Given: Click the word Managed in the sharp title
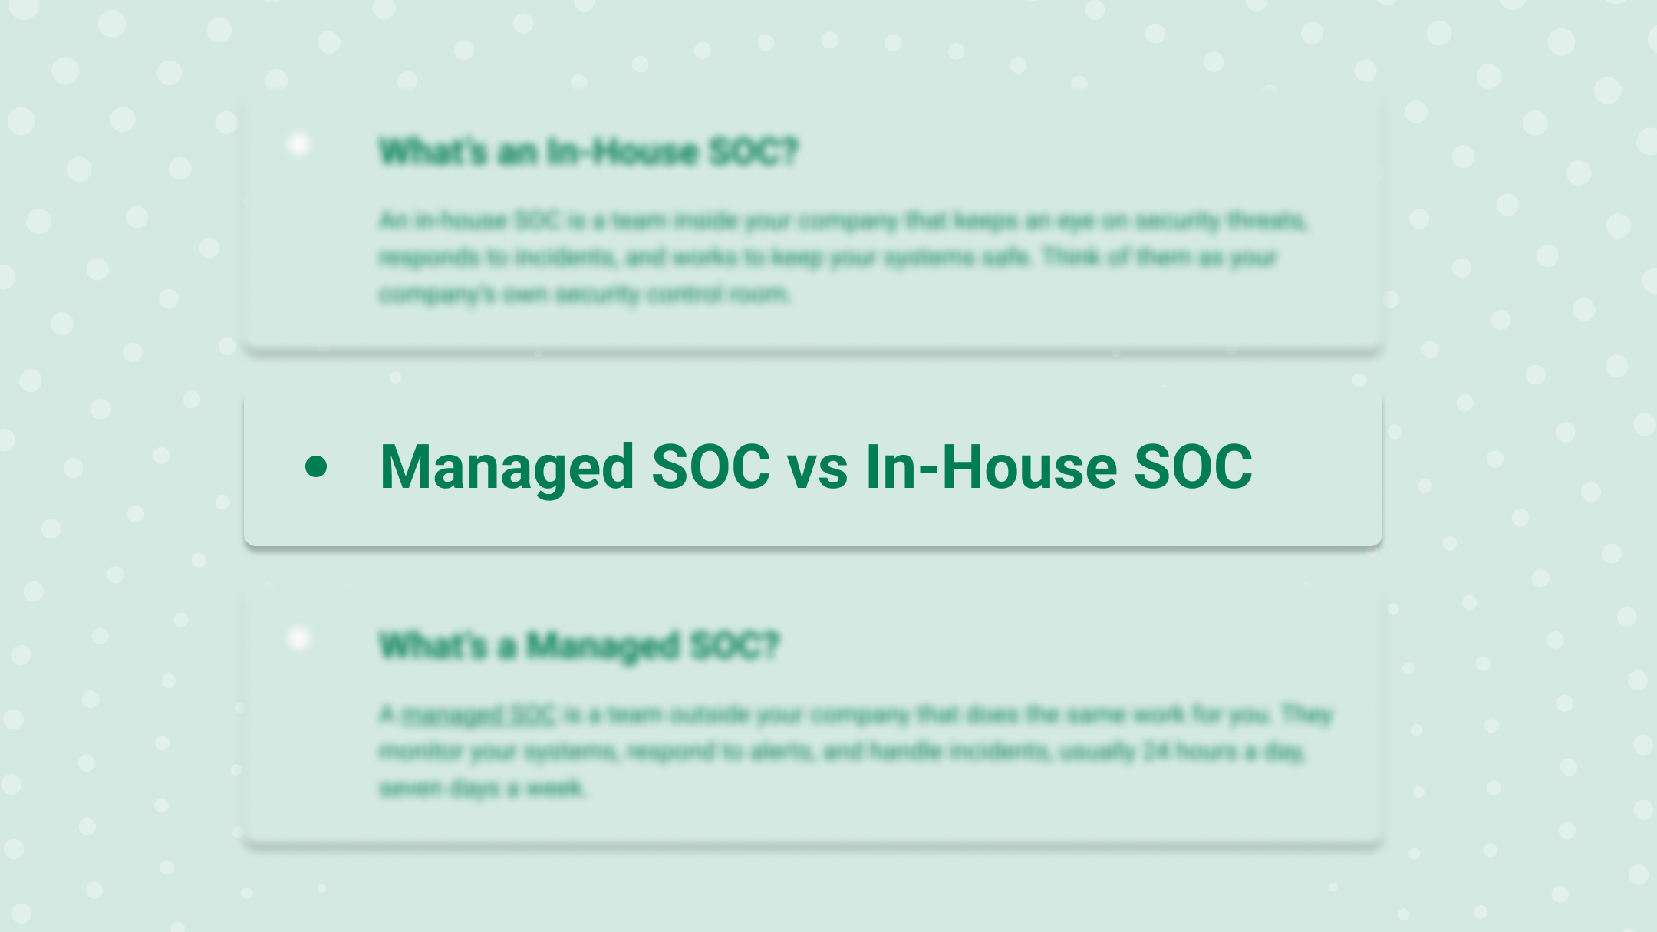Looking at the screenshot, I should coord(506,467).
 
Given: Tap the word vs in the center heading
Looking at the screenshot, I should coord(817,467).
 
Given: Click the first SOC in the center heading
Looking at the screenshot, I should coord(710,467).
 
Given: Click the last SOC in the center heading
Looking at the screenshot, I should coord(1193,467).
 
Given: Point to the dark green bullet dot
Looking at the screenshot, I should coord(316,466).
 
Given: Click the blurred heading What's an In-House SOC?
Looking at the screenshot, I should coord(588,152).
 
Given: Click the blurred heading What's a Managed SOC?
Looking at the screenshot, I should coord(579,646).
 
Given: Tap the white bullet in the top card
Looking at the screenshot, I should coord(299,144).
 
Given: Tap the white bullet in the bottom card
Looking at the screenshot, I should coord(299,638).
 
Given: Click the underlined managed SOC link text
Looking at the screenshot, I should coord(479,715).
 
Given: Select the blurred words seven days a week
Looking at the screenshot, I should coord(482,788).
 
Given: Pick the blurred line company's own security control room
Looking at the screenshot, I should coord(585,294).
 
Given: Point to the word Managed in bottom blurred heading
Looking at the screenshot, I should coord(603,646).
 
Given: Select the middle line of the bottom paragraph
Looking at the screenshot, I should coord(841,751).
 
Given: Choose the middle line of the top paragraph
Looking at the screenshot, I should coord(827,258).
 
